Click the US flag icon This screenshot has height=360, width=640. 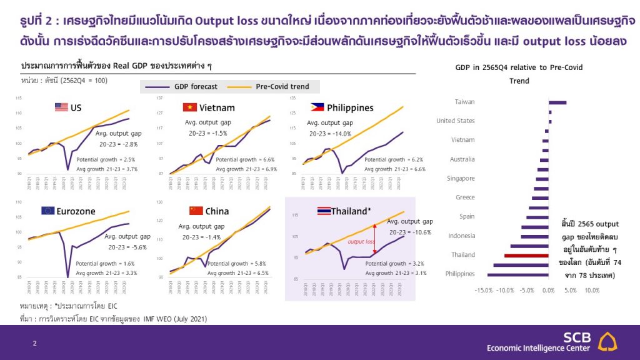pos(61,107)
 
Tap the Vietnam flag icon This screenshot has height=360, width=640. pos(189,107)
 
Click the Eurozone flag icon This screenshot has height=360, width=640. pos(47,211)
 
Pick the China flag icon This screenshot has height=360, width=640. pos(196,211)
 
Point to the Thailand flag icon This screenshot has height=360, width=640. pos(324,211)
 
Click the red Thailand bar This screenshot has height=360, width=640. pos(526,255)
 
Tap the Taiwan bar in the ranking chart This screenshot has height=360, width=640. pos(557,102)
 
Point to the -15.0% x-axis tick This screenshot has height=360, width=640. pos(484,290)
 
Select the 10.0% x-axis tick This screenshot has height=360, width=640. pos(591,290)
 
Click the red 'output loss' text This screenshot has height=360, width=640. pos(361,241)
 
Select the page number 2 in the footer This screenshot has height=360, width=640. pos(35,343)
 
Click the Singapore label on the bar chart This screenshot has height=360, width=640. pos(461,178)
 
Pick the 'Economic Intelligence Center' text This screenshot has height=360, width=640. pos(538,348)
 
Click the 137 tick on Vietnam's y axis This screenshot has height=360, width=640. pos(158,98)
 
